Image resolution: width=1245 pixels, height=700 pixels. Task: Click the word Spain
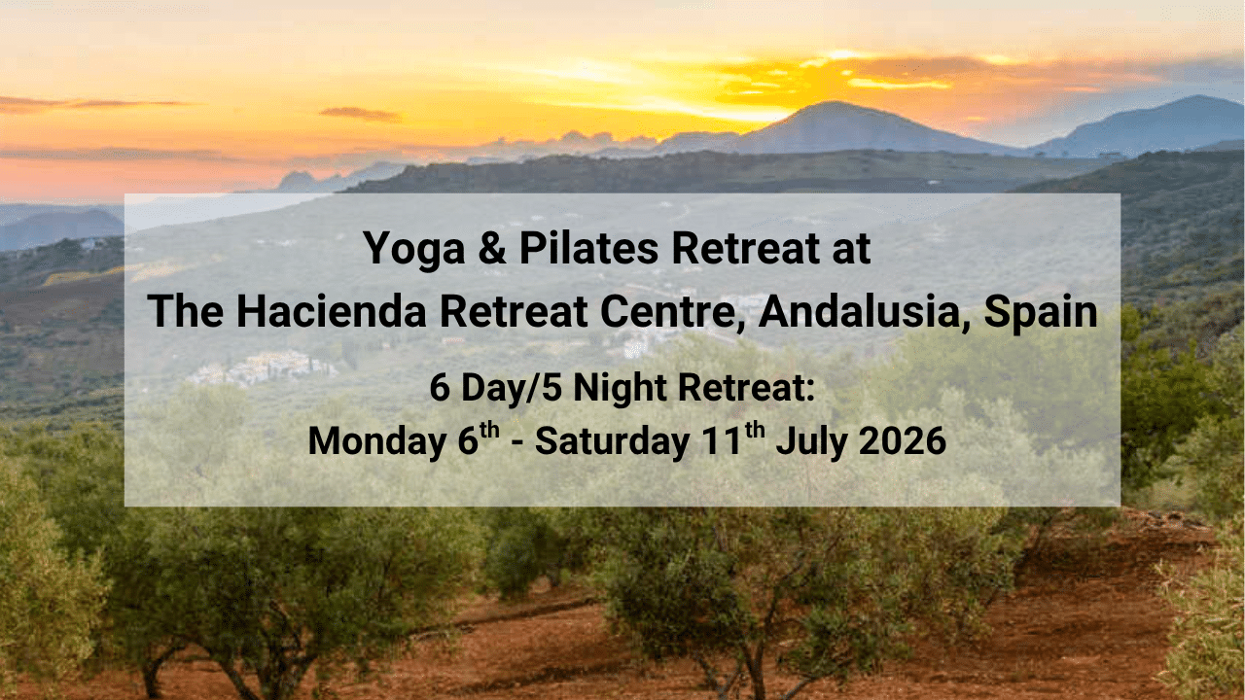tap(1041, 311)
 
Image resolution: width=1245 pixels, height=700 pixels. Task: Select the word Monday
tap(371, 441)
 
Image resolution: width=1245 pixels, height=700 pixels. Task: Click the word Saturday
tap(612, 441)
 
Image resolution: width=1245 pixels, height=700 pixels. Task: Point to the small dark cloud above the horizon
tap(360, 114)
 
